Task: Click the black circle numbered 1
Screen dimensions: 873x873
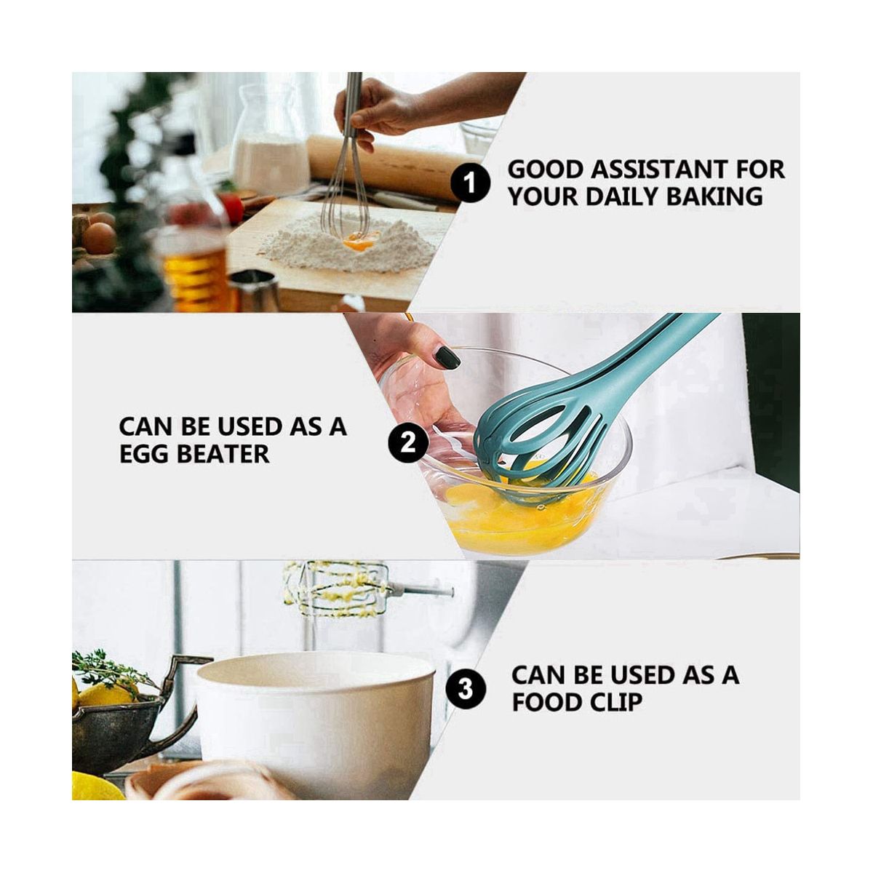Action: [470, 183]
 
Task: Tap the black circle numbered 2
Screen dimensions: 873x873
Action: [407, 442]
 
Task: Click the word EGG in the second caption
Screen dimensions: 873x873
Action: [143, 453]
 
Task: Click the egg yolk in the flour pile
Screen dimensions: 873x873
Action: [361, 240]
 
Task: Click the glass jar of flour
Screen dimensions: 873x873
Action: [270, 136]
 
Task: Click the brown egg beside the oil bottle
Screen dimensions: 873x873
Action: [99, 239]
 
